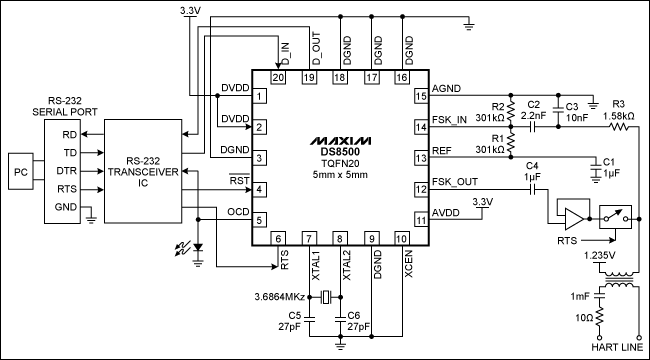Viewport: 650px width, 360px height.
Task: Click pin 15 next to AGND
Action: [x=421, y=96]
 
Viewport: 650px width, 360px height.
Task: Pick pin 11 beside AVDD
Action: [x=421, y=219]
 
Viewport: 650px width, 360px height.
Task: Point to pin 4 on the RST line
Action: [x=259, y=188]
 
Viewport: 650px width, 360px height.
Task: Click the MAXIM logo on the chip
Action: [x=340, y=133]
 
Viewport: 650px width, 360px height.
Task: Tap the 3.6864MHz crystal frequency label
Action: [x=281, y=296]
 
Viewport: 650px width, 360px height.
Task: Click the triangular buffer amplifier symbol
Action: [x=574, y=219]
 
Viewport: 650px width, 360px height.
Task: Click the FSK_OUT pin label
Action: [x=455, y=182]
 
